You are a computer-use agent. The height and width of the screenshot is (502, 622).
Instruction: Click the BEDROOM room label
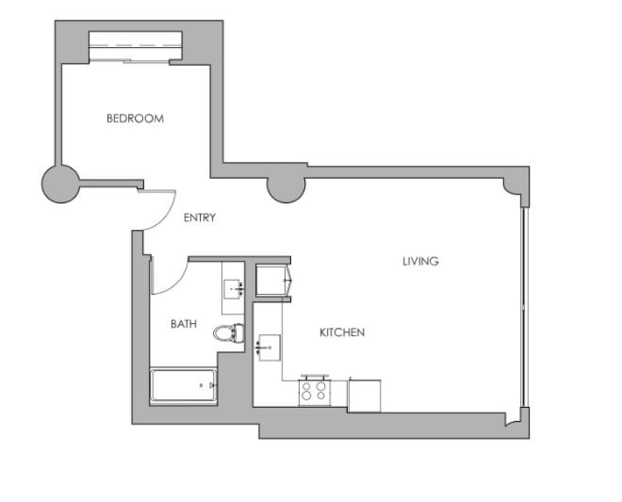[135, 119]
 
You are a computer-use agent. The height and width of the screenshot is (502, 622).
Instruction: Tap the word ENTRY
[200, 218]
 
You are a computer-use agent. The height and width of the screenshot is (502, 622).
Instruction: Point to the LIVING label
[420, 261]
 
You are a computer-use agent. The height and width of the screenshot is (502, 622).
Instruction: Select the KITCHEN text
[342, 332]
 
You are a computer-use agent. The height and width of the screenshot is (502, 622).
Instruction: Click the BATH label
[184, 324]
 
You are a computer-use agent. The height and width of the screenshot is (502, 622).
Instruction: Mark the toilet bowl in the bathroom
[223, 332]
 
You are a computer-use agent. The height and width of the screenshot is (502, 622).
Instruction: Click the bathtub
[184, 386]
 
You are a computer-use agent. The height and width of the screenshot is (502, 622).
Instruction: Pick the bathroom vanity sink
[233, 289]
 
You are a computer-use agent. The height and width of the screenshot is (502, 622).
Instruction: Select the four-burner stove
[315, 390]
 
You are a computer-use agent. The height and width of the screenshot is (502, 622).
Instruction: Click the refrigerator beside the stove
[365, 395]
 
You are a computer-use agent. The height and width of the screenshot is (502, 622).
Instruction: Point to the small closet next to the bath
[273, 282]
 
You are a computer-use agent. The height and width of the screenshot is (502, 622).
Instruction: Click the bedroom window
[135, 44]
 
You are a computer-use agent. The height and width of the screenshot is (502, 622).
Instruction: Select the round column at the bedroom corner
[61, 184]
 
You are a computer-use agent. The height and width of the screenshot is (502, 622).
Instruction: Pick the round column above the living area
[286, 186]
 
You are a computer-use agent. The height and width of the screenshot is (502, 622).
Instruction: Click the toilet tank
[239, 332]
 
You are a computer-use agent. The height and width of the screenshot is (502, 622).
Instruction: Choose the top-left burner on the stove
[307, 383]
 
